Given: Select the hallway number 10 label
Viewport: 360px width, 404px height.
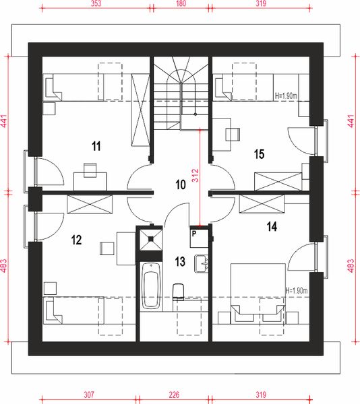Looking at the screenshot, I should [180, 184].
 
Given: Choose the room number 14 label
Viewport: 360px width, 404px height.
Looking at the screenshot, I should [271, 228].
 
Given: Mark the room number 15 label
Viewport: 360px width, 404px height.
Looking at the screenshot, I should [259, 154].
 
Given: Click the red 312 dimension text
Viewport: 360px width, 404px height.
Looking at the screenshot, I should [196, 176].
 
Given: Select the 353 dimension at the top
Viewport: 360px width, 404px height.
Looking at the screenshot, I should [96, 4].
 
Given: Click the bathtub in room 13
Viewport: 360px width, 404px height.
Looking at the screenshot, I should [151, 287].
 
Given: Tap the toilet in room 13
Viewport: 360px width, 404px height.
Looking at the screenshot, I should [179, 291].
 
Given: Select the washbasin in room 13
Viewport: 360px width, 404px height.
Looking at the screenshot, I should [200, 263].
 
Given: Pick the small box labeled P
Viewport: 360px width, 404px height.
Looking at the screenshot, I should [194, 234].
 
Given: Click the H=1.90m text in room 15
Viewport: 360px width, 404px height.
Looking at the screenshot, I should [291, 96].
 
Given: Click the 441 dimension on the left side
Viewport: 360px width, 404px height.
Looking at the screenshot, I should [4, 121].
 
